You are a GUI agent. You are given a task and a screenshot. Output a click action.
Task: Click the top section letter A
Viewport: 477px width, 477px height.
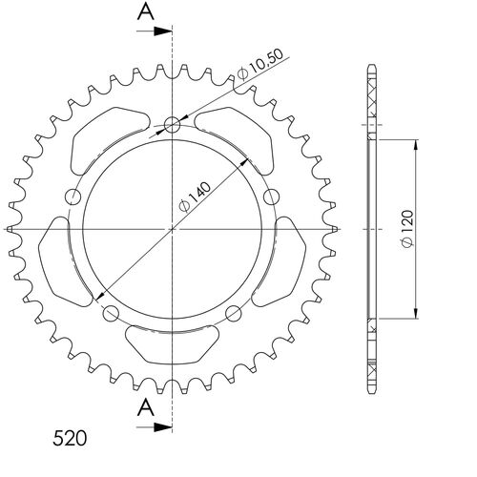tap(144, 12)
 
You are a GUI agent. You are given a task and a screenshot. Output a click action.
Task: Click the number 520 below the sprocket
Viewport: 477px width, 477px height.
tap(71, 440)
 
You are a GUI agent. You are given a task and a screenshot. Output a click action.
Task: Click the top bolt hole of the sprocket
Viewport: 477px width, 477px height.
tap(172, 124)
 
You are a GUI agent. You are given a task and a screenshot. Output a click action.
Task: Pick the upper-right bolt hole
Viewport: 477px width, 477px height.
tap(271, 197)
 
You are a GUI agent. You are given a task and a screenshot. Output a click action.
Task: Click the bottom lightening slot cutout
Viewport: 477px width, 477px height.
tap(172, 340)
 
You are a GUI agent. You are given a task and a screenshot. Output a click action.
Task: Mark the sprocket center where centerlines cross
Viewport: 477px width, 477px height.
tap(172, 229)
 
